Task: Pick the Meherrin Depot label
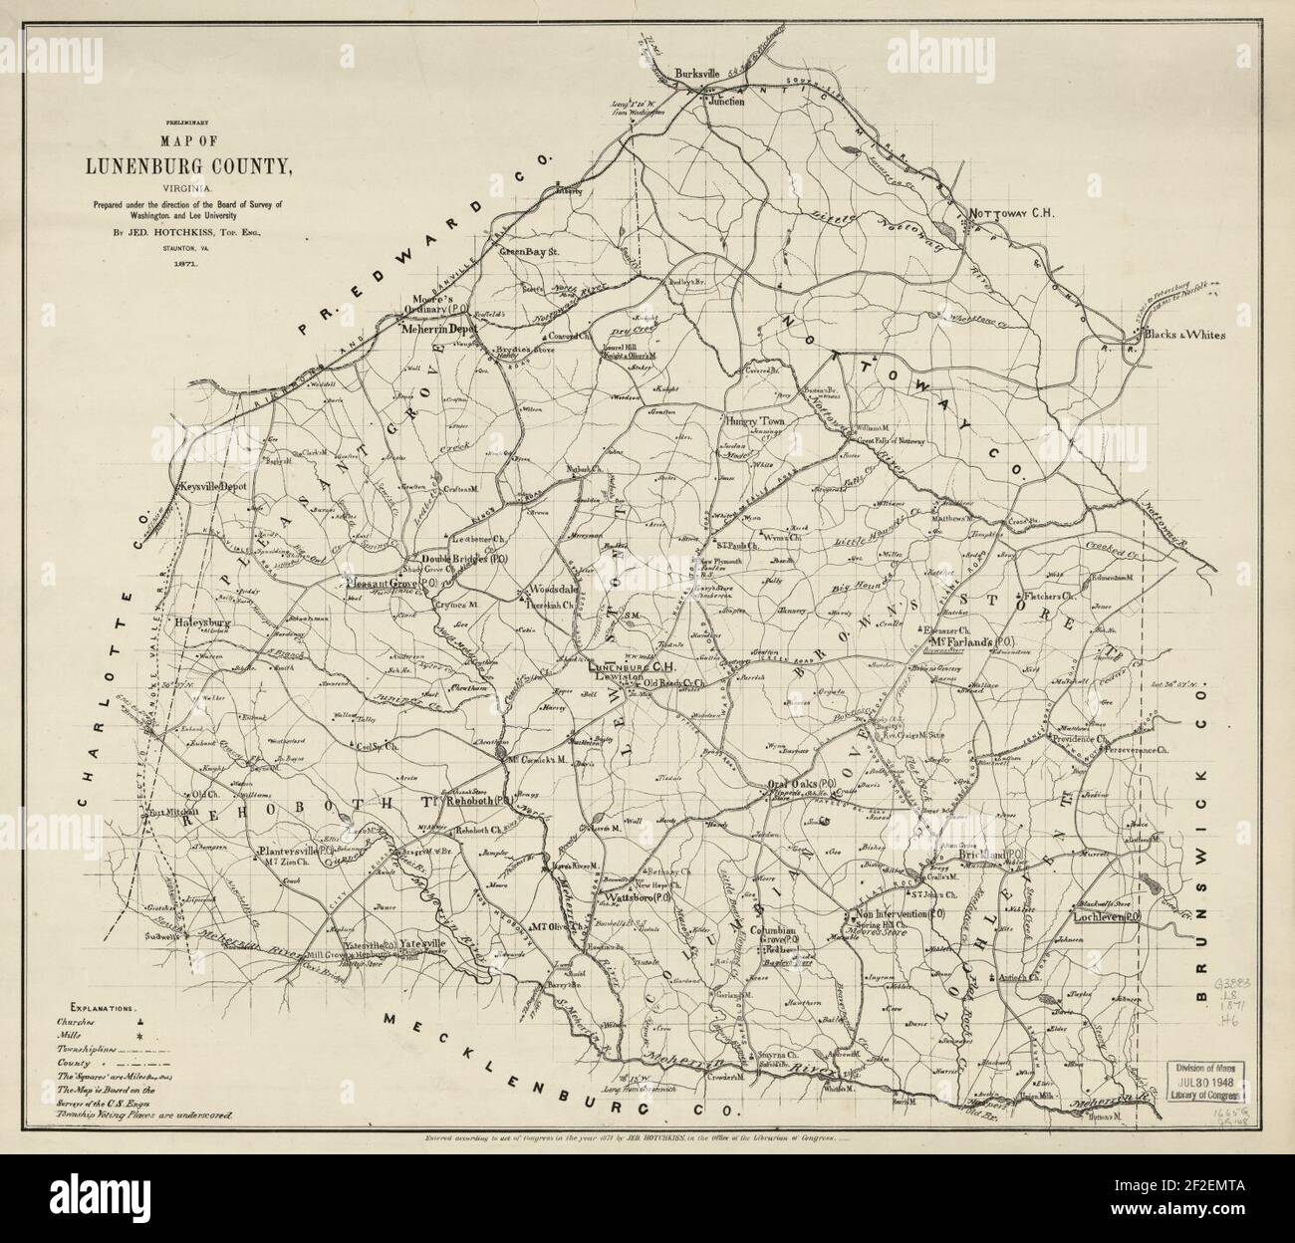click(440, 328)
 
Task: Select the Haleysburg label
click(203, 623)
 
